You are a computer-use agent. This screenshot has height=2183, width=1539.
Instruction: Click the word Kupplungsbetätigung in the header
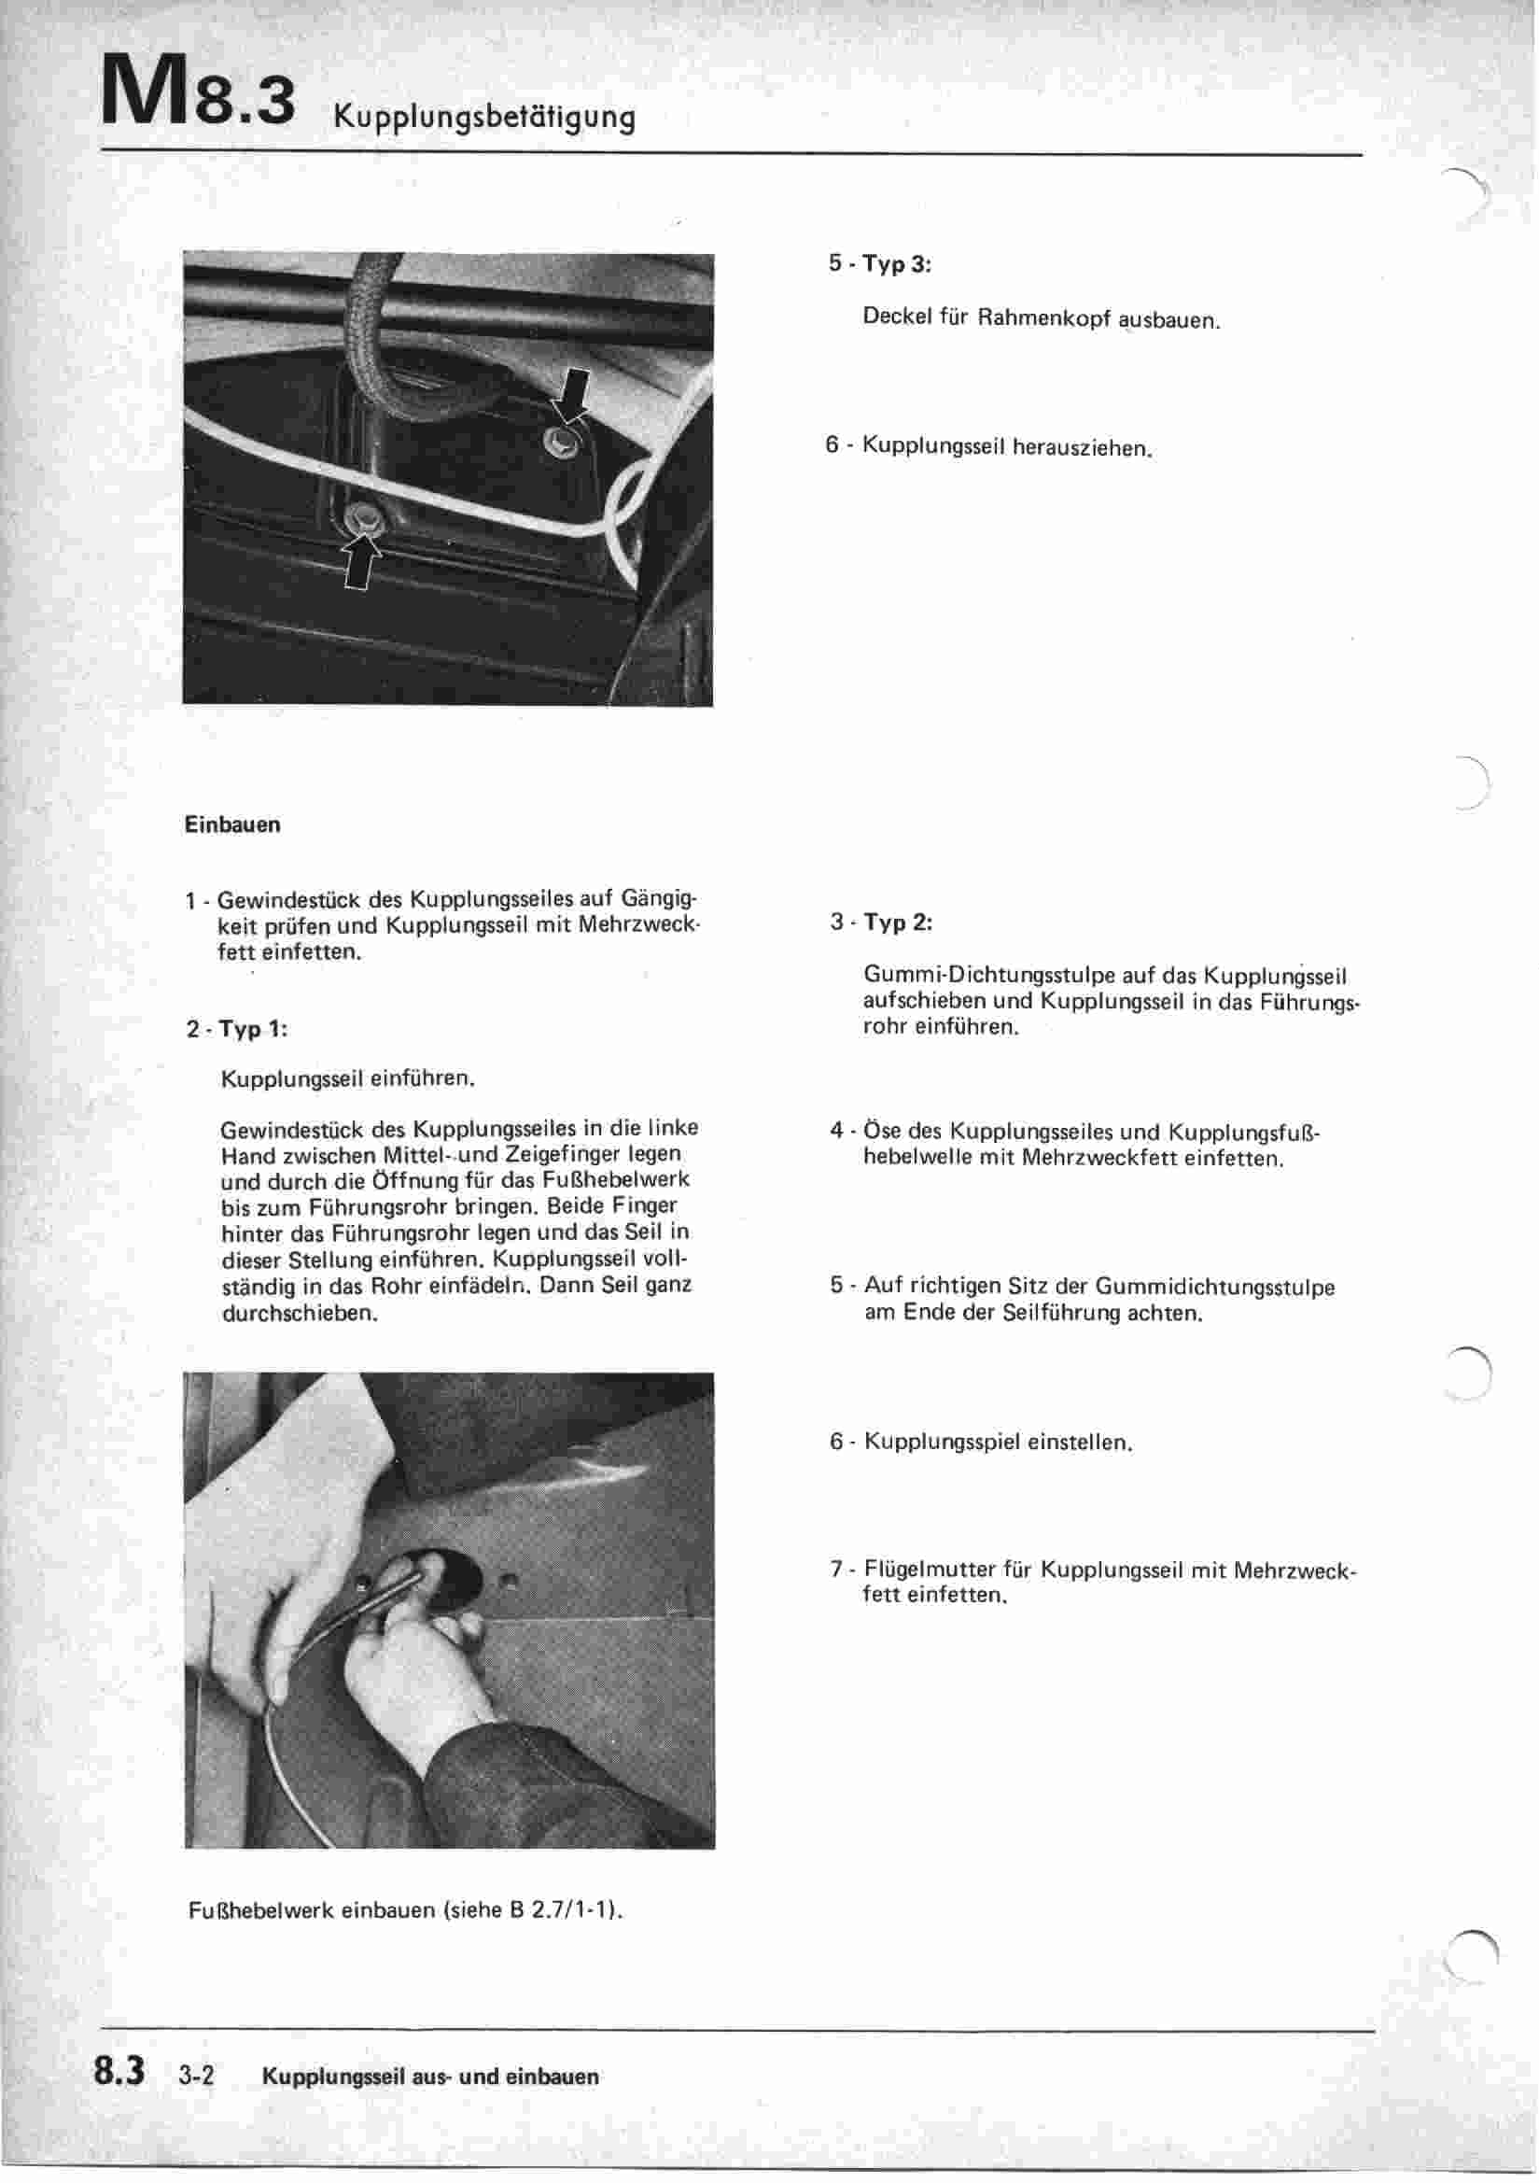coord(483,117)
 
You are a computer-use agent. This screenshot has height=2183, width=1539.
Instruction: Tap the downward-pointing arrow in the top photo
coord(573,395)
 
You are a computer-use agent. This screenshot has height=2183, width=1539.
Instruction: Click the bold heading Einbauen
coord(232,824)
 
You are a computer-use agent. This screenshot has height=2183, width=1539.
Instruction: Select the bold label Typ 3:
coord(896,264)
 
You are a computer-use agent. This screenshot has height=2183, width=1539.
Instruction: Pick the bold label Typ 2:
coord(897,922)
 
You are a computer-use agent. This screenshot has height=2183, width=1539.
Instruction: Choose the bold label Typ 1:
coord(253,1029)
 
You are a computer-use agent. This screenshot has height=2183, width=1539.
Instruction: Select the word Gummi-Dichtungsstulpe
coord(989,976)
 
